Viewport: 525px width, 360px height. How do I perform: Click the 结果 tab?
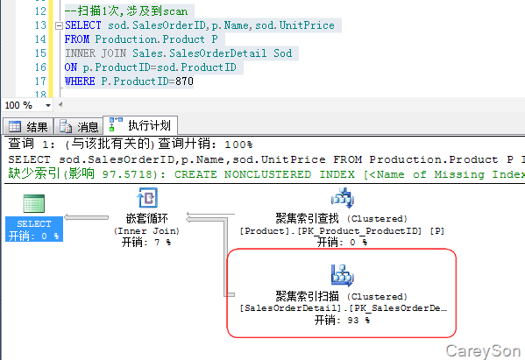(x=28, y=127)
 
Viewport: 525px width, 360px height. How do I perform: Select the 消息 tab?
(x=79, y=127)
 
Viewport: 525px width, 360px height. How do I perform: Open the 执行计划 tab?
(x=140, y=125)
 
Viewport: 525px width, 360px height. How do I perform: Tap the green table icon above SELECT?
(x=34, y=203)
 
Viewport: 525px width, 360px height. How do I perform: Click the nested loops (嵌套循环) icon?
(x=147, y=197)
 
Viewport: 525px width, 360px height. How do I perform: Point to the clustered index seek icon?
(x=342, y=198)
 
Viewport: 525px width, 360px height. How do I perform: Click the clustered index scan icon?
(x=342, y=275)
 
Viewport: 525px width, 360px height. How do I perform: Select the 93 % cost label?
(x=342, y=321)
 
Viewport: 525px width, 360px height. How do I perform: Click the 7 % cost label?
(x=146, y=242)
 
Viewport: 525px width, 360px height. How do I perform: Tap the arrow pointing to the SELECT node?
(x=87, y=217)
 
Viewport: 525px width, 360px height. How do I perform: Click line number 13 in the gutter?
(x=40, y=25)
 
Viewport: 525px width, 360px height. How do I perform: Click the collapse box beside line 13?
(x=59, y=25)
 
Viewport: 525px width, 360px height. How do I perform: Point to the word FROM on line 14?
(x=77, y=39)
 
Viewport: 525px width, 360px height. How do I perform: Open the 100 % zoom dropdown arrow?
(x=48, y=105)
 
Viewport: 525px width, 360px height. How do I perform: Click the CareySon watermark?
(x=483, y=351)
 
